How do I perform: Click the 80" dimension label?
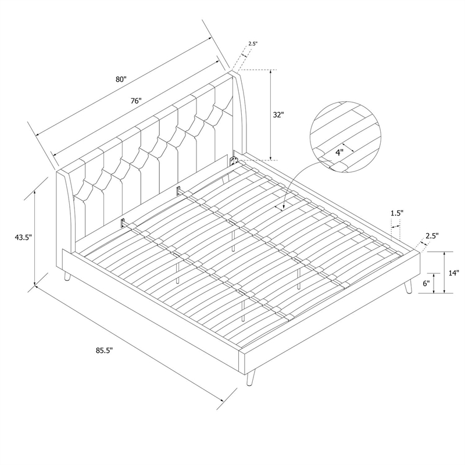tap(121, 79)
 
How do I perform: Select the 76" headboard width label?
tap(136, 101)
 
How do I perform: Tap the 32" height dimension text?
tap(278, 115)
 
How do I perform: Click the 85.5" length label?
tap(105, 350)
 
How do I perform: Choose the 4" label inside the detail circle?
tap(339, 153)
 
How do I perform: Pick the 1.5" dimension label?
tap(397, 213)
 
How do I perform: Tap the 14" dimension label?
tap(453, 273)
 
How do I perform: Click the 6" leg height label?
tap(426, 284)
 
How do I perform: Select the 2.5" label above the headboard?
tap(253, 44)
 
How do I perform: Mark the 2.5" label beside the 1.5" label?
tap(432, 236)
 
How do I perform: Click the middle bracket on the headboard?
tap(178, 190)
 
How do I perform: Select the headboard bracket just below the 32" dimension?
tap(234, 160)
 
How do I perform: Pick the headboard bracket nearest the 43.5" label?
tap(123, 223)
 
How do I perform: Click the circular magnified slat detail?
tap(345, 137)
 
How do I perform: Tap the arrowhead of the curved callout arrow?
tap(283, 208)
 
